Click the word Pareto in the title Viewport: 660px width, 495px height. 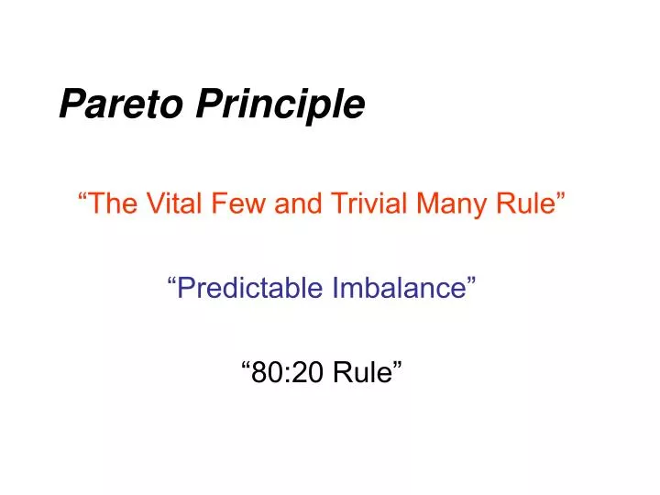tap(121, 103)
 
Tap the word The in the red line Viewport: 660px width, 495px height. tap(114, 203)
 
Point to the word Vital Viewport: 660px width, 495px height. tap(173, 203)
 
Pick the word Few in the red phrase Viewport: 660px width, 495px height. tap(238, 203)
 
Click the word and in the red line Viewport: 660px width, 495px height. tap(299, 203)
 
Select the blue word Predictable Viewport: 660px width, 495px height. tap(249, 288)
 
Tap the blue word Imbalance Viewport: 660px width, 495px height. tap(399, 288)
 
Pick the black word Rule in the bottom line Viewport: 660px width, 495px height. tap(362, 372)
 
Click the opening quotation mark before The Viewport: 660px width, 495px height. tap(82, 196)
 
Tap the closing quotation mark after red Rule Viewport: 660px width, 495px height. tap(561, 196)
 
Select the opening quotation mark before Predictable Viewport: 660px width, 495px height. tap(171, 281)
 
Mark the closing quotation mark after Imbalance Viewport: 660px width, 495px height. tap(471, 281)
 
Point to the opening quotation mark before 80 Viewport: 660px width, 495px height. tap(247, 366)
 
